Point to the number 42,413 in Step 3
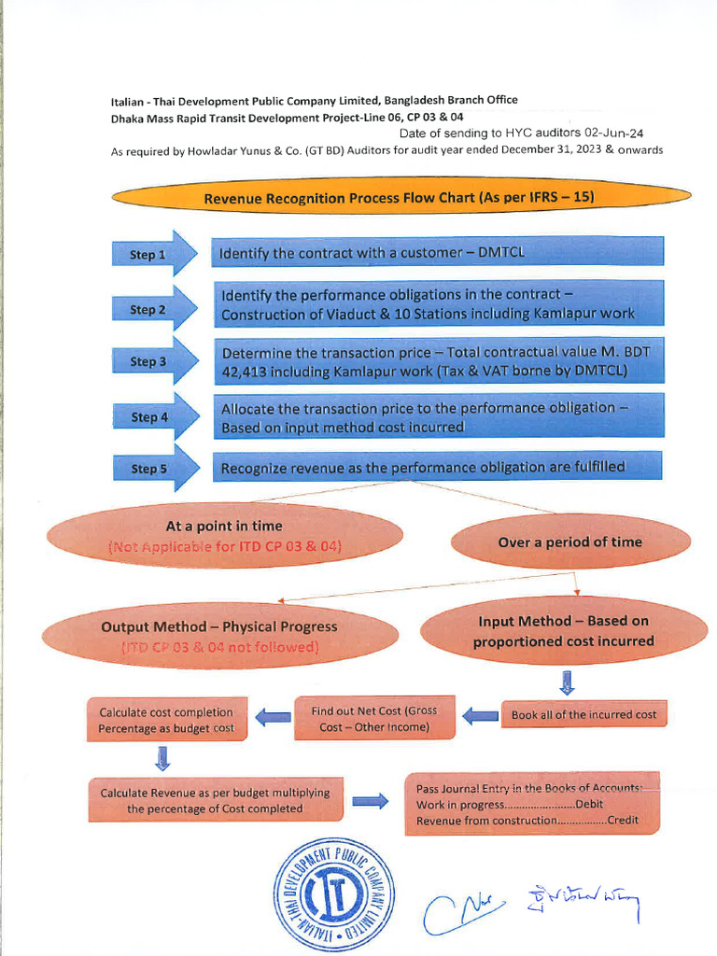point(247,371)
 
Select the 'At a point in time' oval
point(224,536)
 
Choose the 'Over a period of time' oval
point(569,541)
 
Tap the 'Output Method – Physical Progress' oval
point(219,635)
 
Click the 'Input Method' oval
point(563,631)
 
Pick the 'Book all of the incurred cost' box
point(583,714)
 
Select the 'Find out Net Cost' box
point(374,718)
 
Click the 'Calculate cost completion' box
point(166,720)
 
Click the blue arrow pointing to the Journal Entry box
point(371,801)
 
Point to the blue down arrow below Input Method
point(566,682)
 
